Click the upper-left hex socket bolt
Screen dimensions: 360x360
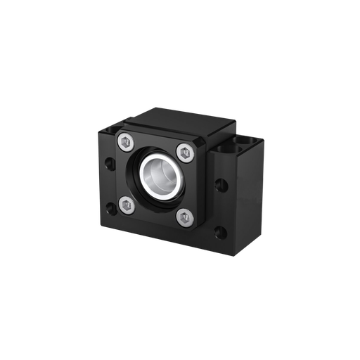[125, 141]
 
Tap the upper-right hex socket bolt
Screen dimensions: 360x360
[184, 150]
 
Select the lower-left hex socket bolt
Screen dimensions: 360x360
[127, 205]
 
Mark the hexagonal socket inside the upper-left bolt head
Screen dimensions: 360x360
[125, 141]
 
